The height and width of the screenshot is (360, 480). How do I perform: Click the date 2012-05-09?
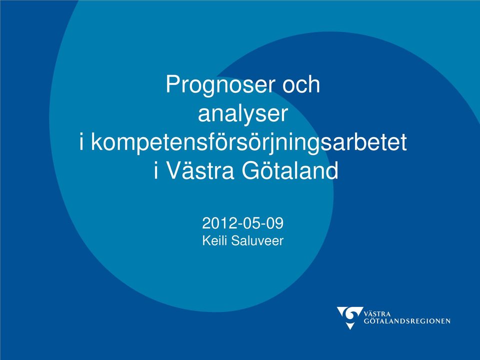(243, 223)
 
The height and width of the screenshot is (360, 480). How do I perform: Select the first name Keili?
(215, 240)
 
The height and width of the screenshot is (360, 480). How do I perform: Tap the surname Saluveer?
(257, 240)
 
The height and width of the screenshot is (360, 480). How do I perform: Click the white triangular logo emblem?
(349, 317)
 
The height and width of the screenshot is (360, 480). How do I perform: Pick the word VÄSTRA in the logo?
(377, 314)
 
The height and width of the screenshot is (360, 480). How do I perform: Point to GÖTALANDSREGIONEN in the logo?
(407, 321)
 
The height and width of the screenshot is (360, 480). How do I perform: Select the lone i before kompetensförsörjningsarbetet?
(81, 142)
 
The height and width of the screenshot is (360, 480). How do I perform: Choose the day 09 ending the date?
(275, 223)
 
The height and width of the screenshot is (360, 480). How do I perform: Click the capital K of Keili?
(206, 240)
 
